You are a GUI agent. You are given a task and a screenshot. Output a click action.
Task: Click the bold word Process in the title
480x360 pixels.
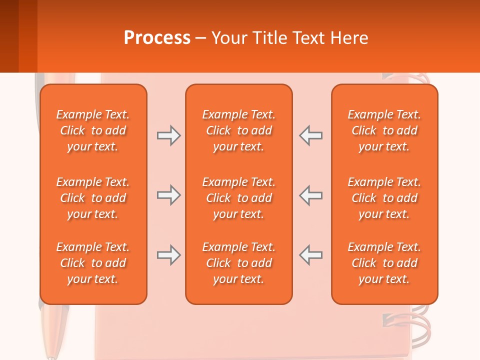tap(157, 38)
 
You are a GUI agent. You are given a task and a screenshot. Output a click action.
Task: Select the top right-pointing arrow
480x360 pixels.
tap(168, 135)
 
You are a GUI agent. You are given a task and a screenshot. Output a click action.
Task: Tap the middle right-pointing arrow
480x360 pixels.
tap(168, 195)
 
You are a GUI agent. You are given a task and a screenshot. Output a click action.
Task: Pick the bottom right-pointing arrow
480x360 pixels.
tap(168, 255)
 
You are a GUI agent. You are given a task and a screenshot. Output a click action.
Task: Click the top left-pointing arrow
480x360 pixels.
tap(311, 135)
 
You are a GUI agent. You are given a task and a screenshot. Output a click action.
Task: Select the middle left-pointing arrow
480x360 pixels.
tap(311, 195)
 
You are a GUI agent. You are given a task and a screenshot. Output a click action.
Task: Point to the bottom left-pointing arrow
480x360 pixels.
tap(311, 255)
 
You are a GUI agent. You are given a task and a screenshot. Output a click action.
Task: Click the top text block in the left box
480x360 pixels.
tap(93, 130)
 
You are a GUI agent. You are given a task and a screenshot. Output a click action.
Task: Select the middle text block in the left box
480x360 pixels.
tap(93, 198)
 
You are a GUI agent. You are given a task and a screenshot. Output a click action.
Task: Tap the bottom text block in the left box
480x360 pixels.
tap(93, 263)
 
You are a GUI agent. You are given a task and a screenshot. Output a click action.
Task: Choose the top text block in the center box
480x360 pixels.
tap(239, 130)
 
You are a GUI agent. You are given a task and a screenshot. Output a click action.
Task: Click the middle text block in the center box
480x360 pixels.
tap(239, 198)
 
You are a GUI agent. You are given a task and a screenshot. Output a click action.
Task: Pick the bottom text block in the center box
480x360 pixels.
tap(239, 263)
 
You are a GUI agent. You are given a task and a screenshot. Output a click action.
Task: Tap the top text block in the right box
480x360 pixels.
tap(384, 130)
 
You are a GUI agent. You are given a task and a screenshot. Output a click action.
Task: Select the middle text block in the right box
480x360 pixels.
tap(384, 198)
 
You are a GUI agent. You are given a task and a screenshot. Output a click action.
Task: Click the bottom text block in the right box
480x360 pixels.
tap(384, 263)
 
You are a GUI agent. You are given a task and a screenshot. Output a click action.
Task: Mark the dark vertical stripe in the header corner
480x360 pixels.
tap(9, 36)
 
